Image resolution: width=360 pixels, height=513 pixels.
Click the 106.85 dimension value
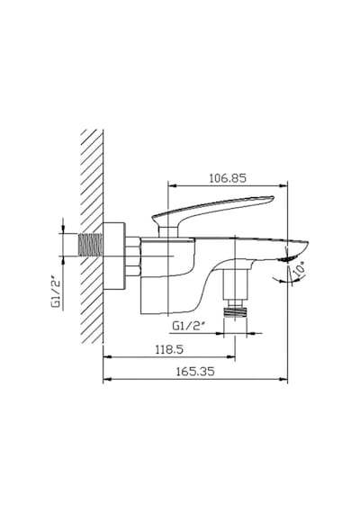tap(228, 178)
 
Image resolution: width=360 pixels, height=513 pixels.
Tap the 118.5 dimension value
tap(169, 349)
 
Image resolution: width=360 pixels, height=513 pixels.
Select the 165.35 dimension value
tap(195, 372)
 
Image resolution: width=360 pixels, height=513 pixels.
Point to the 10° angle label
tap(299, 270)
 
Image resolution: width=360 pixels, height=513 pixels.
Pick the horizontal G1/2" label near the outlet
tap(189, 326)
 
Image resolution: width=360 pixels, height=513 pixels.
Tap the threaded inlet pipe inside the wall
tap(91, 245)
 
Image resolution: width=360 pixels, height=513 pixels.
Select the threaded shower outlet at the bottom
tap(235, 311)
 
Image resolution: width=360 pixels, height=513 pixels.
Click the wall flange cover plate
tap(114, 256)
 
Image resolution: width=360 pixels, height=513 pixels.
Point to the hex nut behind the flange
tap(133, 256)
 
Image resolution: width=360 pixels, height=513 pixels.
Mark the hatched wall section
tap(92, 236)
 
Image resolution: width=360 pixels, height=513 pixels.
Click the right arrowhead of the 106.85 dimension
tap(283, 185)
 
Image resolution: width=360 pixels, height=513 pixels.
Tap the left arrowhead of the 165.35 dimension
tap(108, 380)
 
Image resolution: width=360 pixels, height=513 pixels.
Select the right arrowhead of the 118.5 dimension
tap(230, 357)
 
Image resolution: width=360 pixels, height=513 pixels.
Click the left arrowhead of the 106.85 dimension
tap(172, 185)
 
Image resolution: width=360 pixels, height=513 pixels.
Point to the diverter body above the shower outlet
tap(235, 284)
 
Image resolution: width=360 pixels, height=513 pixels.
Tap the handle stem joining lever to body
tap(168, 230)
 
